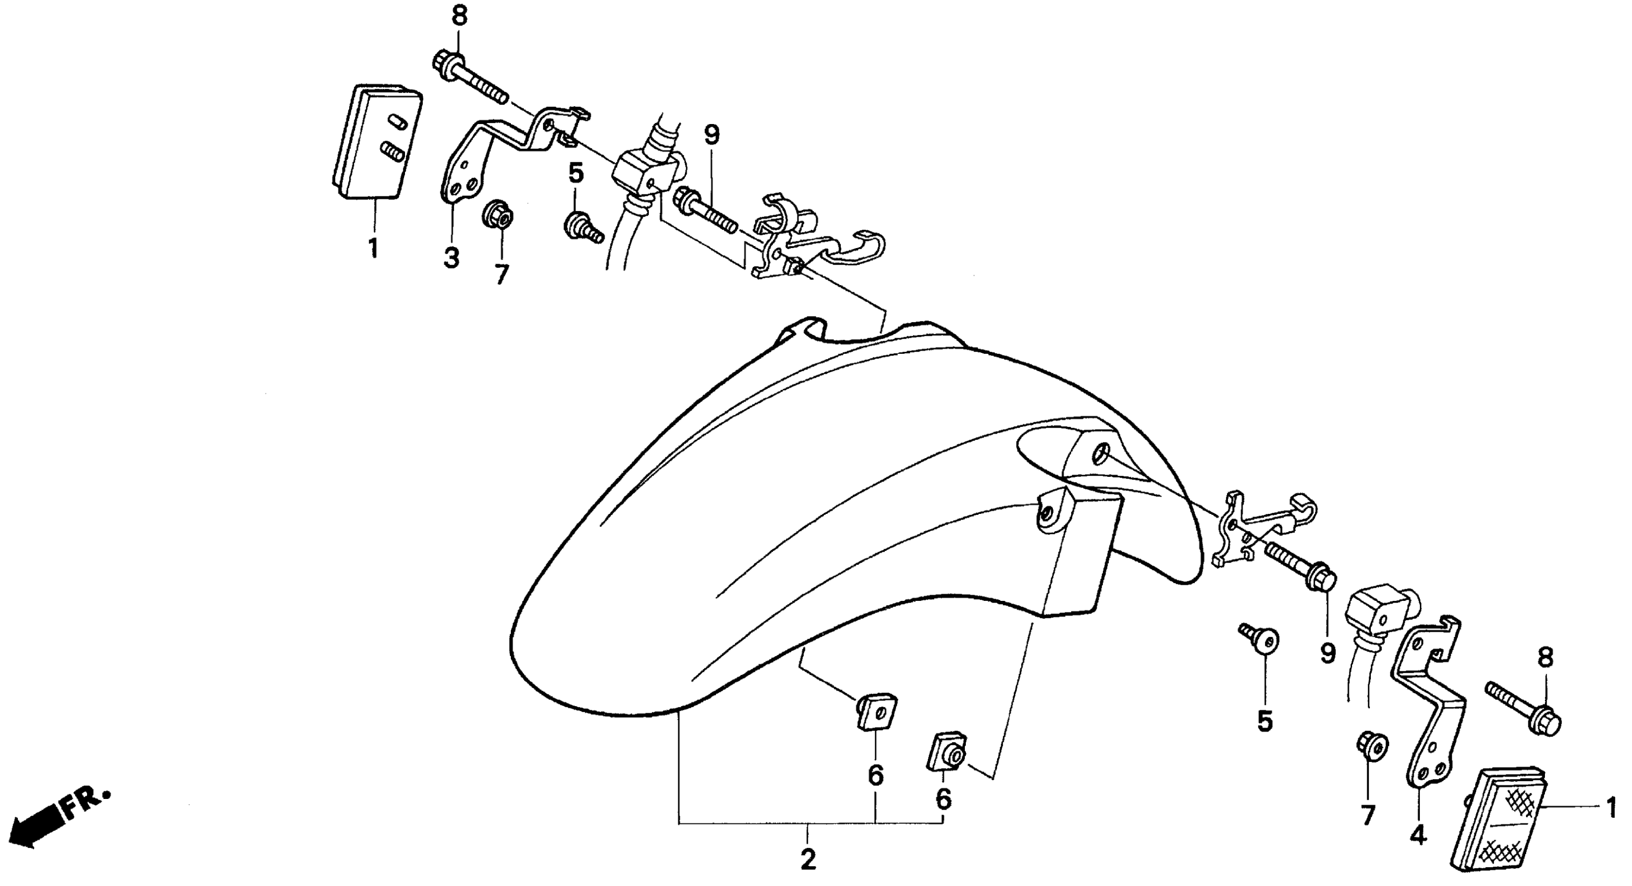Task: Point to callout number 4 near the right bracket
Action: (1418, 836)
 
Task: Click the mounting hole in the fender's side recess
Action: (1102, 454)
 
